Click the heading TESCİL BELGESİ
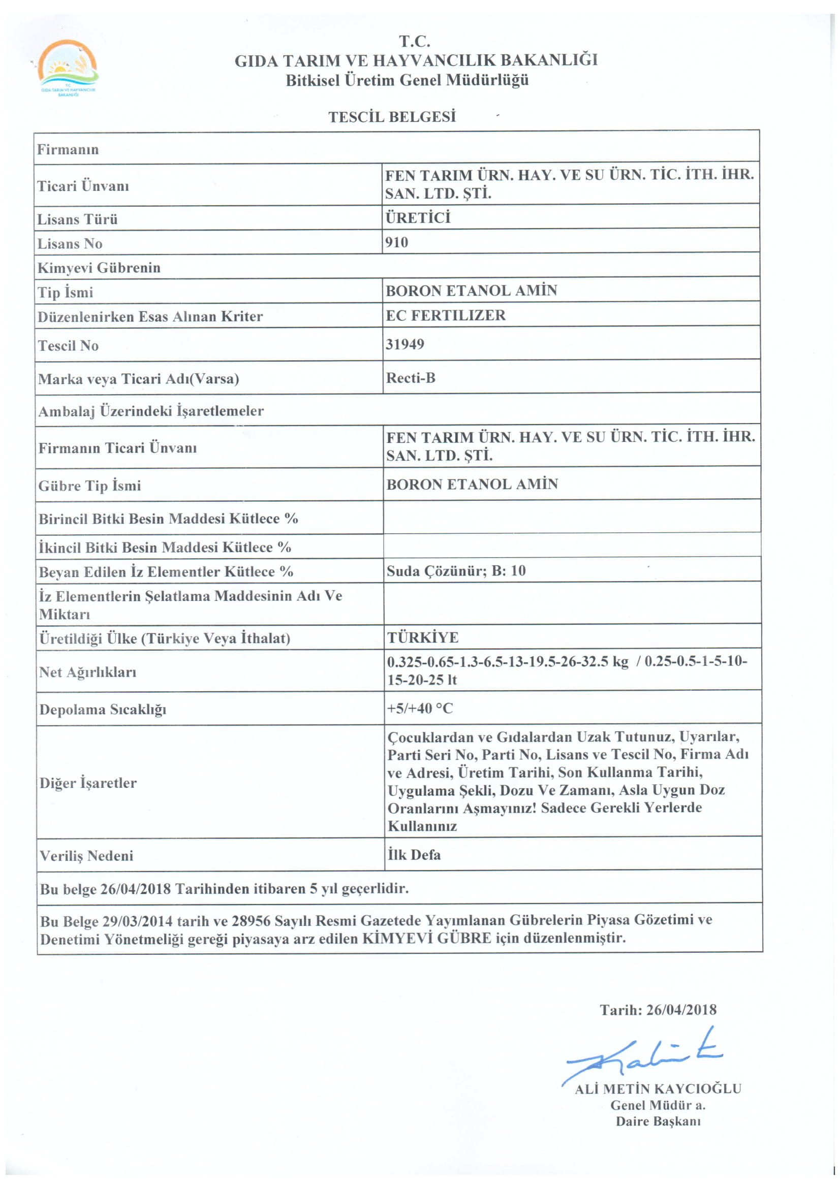392,117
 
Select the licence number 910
396,242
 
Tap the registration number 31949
405,344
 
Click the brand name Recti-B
411,378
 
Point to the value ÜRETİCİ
418,217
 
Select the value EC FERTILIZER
445,315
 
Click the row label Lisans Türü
78,219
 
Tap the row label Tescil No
68,346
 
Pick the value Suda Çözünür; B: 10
456,571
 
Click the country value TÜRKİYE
423,637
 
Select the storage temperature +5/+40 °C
420,708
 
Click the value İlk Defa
414,855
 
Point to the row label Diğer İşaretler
88,783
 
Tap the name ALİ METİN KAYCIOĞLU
658,1089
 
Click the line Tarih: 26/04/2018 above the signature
658,1010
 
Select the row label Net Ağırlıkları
87,672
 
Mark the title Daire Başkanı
658,1122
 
